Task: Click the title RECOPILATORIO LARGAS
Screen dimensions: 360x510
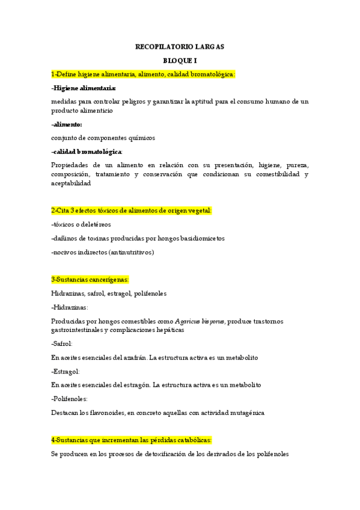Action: [x=180, y=46]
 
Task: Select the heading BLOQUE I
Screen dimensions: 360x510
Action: [x=180, y=61]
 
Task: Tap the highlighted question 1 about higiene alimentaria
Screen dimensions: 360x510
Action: [x=143, y=75]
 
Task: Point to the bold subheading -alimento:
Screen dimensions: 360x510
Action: [x=67, y=124]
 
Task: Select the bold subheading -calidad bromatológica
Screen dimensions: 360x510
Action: [x=87, y=151]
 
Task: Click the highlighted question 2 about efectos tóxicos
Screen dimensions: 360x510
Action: [x=132, y=210]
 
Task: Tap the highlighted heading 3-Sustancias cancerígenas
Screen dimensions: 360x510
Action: [x=90, y=280]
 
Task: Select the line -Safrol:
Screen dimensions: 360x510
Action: [x=62, y=343]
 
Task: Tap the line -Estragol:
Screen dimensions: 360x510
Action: [x=65, y=371]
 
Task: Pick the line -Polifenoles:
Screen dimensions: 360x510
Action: [x=69, y=399]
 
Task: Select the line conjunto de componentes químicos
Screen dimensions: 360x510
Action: [x=103, y=138]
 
